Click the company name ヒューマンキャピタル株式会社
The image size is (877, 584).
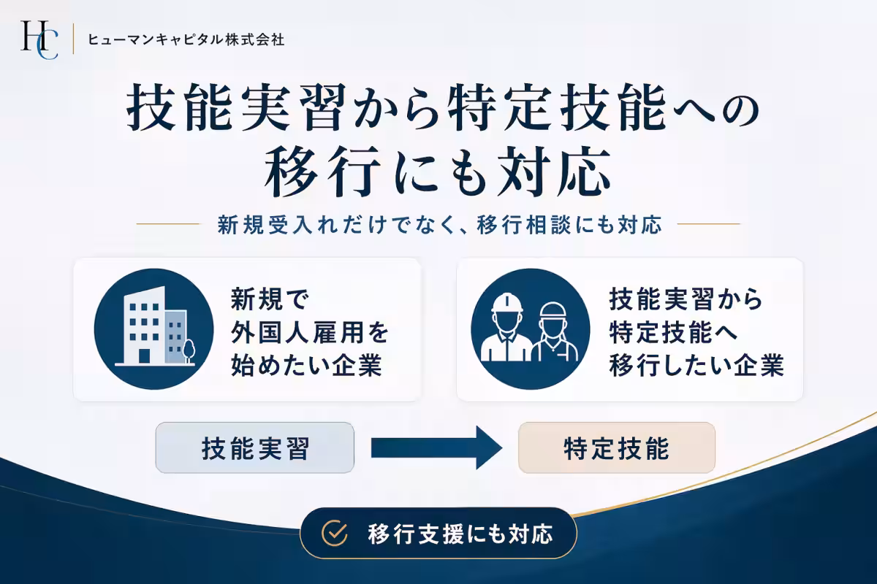[x=186, y=39]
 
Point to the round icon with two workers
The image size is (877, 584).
[x=530, y=328]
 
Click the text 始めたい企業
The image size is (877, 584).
[x=307, y=364]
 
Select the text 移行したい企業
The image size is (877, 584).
[x=696, y=364]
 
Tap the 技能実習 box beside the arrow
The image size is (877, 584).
[x=254, y=447]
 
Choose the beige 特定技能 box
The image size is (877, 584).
[x=616, y=447]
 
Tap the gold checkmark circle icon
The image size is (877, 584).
[x=335, y=534]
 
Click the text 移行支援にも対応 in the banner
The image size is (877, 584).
[x=460, y=534]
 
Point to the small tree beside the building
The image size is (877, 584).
[x=189, y=348]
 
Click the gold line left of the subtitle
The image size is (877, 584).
[x=168, y=224]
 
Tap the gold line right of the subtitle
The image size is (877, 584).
[x=709, y=224]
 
